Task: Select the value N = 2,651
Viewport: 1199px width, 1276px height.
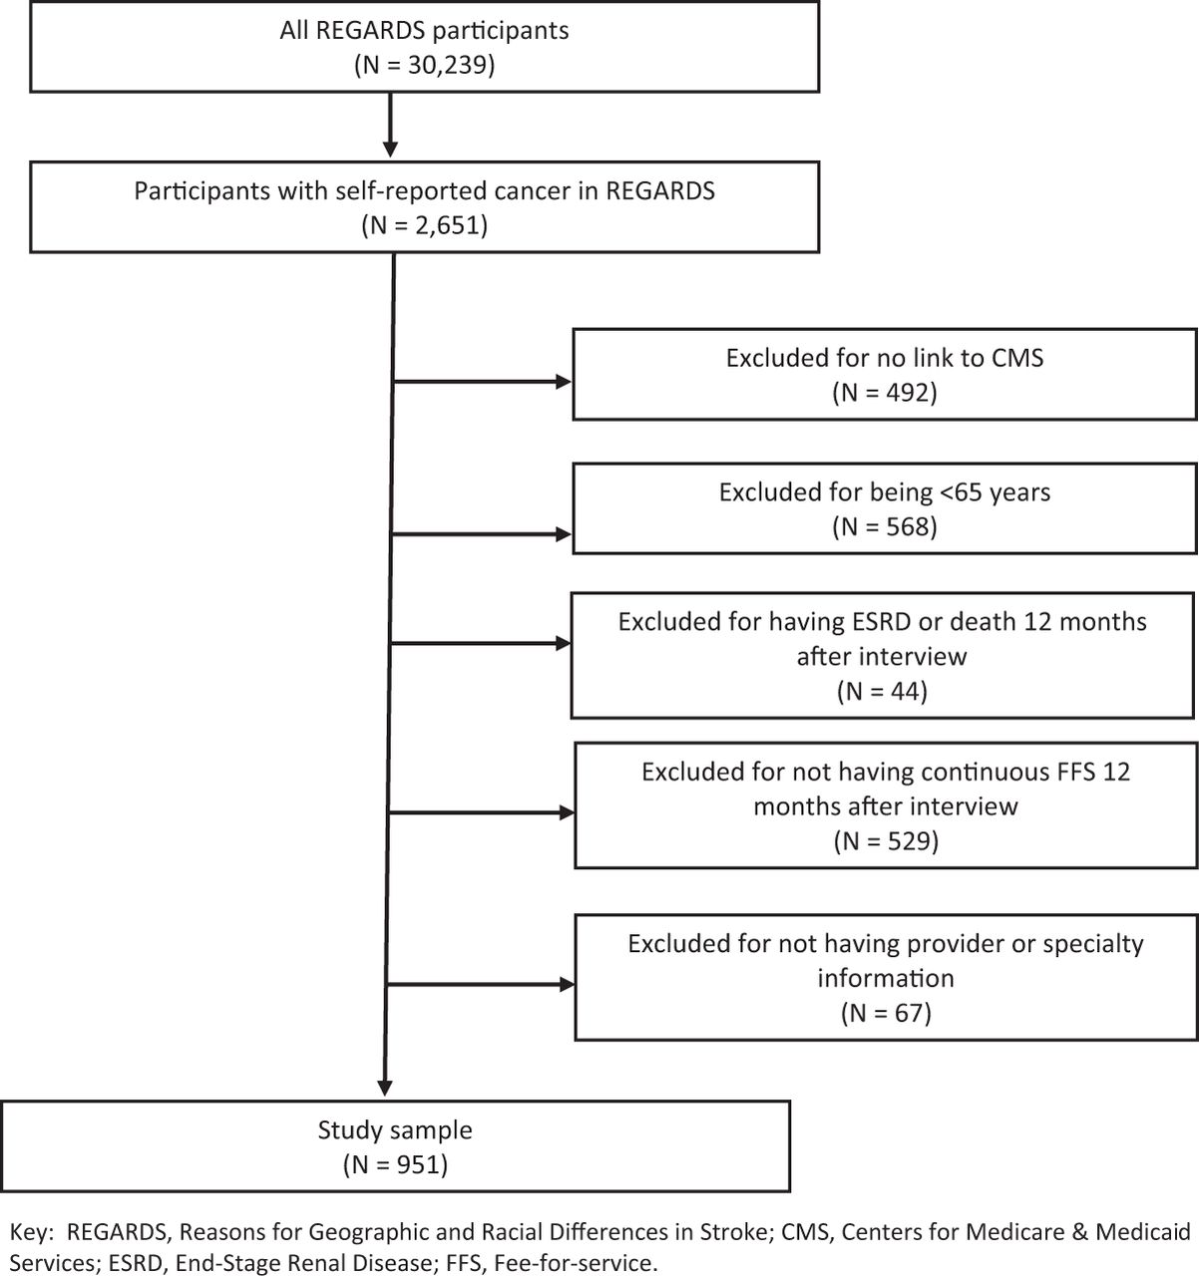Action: pos(424,225)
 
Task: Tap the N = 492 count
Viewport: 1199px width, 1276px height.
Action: pos(885,392)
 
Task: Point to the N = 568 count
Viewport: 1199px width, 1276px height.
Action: pos(885,526)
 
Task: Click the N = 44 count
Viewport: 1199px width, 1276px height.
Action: pos(882,691)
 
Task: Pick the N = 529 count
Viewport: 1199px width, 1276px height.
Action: pos(886,840)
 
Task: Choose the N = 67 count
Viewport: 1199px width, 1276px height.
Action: pos(886,1013)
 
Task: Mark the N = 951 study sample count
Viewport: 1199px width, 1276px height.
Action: pos(395,1164)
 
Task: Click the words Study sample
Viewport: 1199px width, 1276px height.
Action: pos(395,1130)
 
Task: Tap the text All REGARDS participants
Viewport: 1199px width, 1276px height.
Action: pos(424,31)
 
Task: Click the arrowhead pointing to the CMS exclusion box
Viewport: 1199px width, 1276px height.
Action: pos(564,382)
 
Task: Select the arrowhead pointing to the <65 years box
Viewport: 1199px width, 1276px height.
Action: pos(564,534)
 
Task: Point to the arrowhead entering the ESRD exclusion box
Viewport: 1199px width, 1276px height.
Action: pos(564,643)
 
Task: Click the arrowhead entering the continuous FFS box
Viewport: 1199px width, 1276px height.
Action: pos(567,812)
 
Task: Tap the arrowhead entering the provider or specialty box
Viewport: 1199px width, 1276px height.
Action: pos(567,984)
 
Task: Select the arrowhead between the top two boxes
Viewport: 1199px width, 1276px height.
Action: pos(390,150)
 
